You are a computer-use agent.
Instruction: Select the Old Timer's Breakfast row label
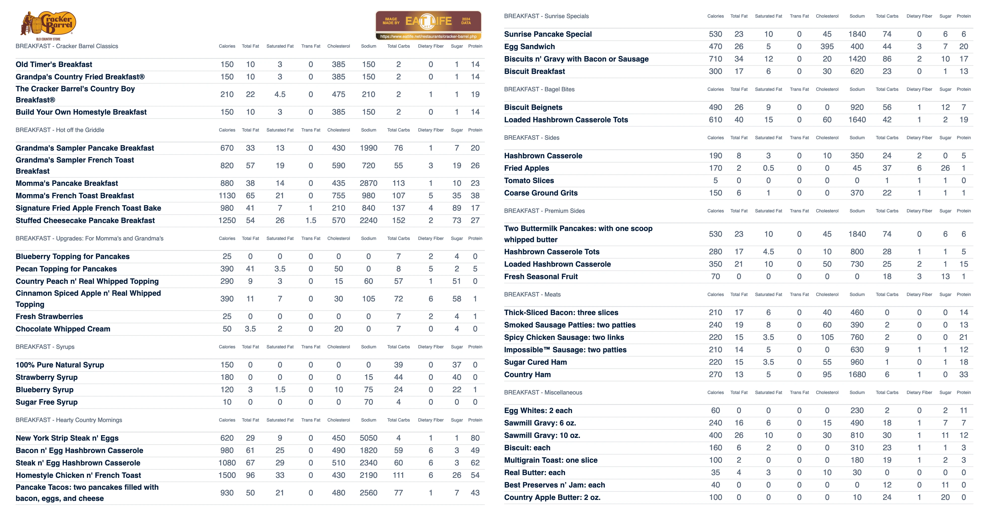(54, 64)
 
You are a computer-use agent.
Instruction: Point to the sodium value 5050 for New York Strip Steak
(368, 438)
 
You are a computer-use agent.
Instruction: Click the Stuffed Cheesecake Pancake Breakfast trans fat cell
(311, 220)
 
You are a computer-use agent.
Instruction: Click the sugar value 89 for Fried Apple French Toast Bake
(457, 208)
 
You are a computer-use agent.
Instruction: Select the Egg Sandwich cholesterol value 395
(827, 47)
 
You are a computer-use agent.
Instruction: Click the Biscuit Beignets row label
(533, 107)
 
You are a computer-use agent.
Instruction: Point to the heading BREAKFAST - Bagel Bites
(539, 89)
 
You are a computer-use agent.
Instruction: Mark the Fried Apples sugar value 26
(945, 168)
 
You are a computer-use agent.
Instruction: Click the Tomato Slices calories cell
(715, 181)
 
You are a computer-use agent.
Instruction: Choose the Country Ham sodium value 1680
(857, 375)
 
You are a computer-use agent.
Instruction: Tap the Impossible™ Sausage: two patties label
(565, 350)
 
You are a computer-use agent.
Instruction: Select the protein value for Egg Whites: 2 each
(963, 410)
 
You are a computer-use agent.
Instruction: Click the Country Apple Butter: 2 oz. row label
(552, 497)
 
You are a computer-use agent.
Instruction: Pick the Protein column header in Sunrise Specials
(963, 16)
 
